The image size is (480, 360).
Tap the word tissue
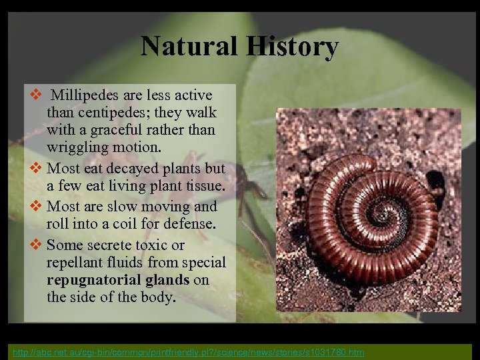point(205,185)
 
